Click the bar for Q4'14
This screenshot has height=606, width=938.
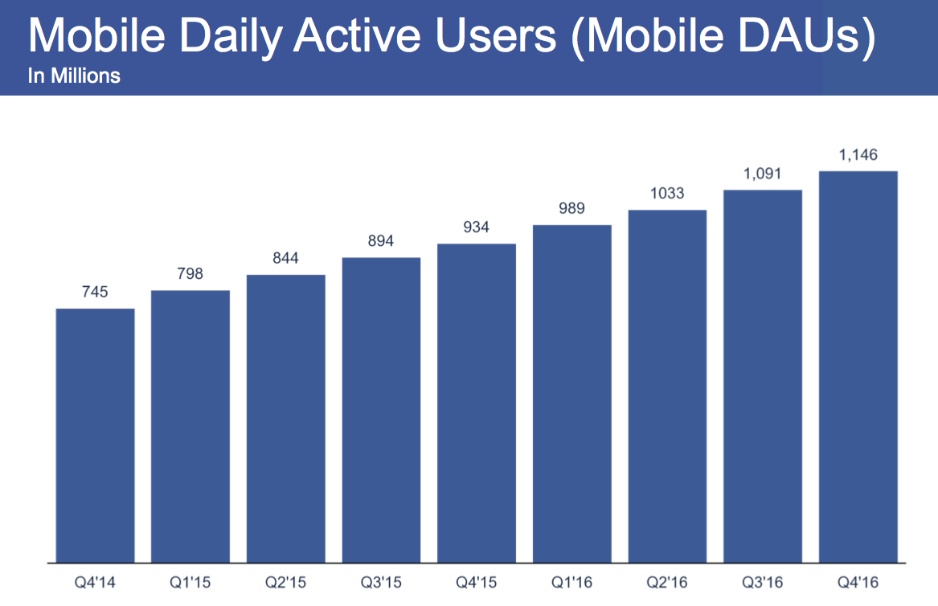coord(95,435)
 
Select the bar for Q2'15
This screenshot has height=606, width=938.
coord(285,418)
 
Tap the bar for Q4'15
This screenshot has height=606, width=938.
coord(477,403)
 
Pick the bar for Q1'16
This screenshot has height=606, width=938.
coord(571,393)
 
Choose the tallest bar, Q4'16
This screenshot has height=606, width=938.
coord(858,366)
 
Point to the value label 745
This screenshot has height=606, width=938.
coord(95,293)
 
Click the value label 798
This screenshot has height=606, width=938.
coord(190,274)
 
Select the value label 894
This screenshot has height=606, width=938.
coord(381,241)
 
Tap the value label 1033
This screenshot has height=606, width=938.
coord(667,194)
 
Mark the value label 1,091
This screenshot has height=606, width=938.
coord(763,174)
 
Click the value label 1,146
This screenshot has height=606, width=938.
coord(858,155)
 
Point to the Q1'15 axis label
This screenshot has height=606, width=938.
coord(190,580)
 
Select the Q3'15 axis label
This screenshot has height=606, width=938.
coord(381,580)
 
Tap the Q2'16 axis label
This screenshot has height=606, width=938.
coord(667,580)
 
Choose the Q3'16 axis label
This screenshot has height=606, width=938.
coord(763,580)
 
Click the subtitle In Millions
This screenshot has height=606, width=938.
coord(74,76)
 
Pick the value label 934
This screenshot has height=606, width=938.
coord(477,227)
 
